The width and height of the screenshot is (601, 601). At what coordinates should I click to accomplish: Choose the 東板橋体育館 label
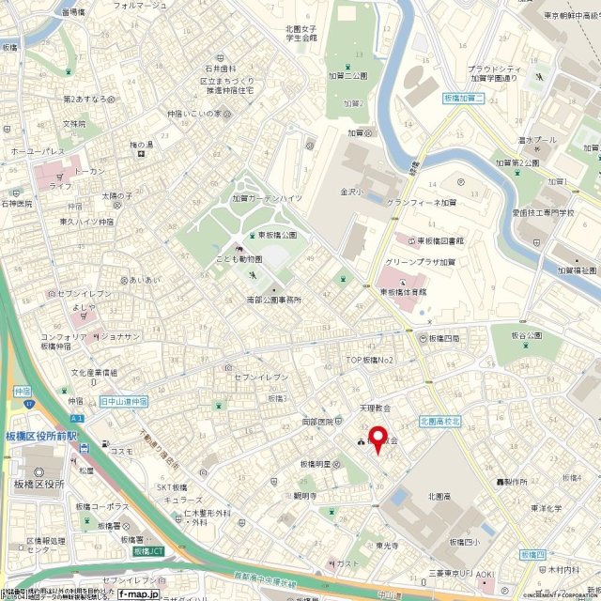point(404,292)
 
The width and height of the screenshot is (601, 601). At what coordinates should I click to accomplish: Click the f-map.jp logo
point(137,594)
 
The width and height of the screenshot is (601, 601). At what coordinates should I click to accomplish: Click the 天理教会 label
point(374,408)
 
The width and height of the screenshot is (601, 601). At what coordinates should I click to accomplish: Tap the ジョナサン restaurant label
point(119,336)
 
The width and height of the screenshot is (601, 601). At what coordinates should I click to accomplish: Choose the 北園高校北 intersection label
point(440,420)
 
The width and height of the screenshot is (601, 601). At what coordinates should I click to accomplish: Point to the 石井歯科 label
point(218,69)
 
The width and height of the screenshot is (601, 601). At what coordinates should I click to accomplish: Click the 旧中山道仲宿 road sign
point(124,400)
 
